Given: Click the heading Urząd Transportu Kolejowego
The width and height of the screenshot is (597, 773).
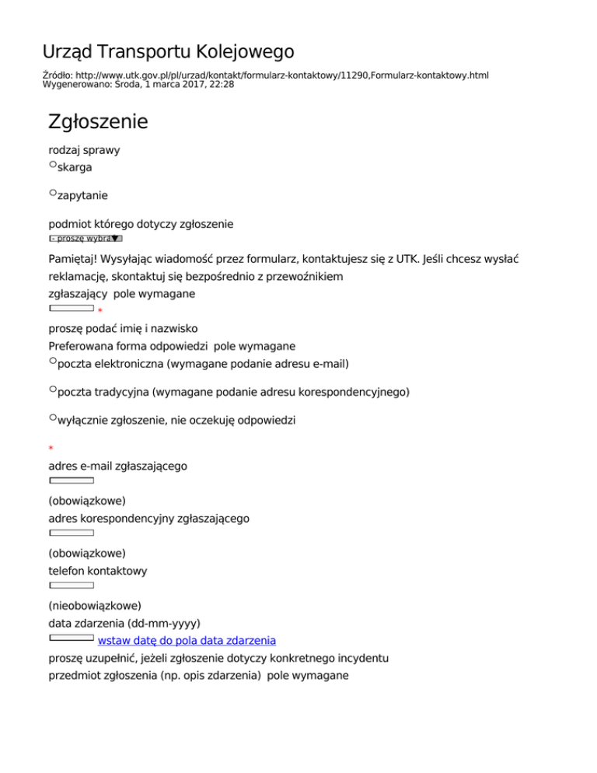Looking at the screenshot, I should pyautogui.click(x=168, y=52).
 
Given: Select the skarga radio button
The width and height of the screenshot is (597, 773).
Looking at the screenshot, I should pyautogui.click(x=53, y=165).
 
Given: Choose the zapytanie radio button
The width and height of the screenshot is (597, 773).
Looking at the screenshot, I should pyautogui.click(x=53, y=192).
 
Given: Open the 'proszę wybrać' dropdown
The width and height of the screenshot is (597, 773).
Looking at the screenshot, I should pyautogui.click(x=86, y=239).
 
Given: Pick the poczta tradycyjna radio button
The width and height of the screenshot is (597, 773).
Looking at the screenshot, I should pyautogui.click(x=53, y=389).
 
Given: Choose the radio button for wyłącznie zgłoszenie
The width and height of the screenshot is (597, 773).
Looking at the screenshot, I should pyautogui.click(x=53, y=418).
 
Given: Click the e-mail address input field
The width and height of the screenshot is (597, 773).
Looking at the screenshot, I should pyautogui.click(x=72, y=481).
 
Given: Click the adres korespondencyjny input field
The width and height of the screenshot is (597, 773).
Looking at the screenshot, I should pyautogui.click(x=72, y=533).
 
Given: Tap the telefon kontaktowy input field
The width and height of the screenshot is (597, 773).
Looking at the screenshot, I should pyautogui.click(x=72, y=585).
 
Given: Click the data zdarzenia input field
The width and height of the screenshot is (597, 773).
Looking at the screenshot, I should pyautogui.click(x=72, y=637).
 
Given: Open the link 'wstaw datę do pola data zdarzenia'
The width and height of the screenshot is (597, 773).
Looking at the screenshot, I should pyautogui.click(x=187, y=641).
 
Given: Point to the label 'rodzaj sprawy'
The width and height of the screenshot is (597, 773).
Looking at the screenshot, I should pyautogui.click(x=84, y=149).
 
